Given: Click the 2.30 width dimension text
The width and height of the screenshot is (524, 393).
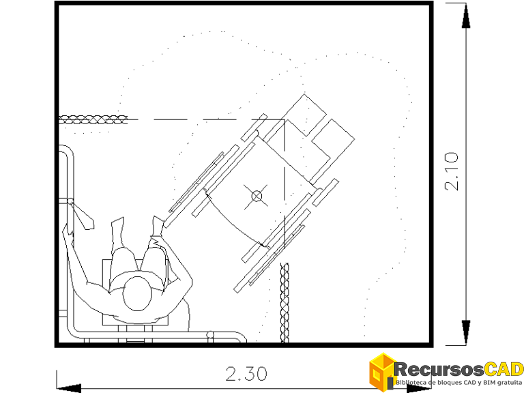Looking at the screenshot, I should tap(246, 373).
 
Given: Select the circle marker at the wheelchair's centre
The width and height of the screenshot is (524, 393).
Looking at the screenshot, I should tap(257, 196).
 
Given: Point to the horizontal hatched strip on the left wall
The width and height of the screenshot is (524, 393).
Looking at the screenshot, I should tap(93, 119).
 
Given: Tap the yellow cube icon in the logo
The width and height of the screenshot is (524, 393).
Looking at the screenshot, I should tap(382, 371).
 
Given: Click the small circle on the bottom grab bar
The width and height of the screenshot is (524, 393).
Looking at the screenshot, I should tap(211, 334).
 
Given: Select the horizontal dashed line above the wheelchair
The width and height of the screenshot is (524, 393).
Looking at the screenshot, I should tap(205, 120).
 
